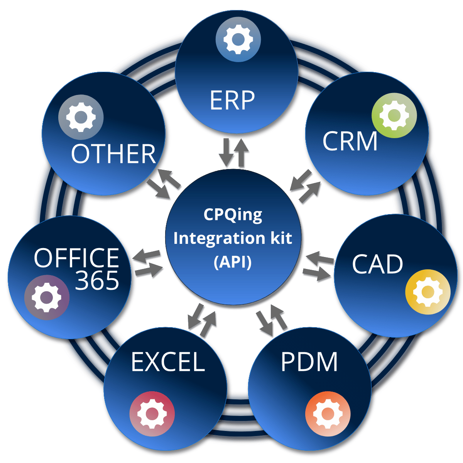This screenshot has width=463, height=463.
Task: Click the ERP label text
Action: (232, 100)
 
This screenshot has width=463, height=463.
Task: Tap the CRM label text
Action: (350, 141)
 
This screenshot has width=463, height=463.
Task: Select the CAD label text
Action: (377, 265)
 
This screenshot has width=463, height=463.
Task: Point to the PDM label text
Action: (309, 362)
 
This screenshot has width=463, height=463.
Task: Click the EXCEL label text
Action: (168, 362)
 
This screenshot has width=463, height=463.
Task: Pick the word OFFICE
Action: (76, 258)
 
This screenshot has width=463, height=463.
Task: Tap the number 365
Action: (97, 281)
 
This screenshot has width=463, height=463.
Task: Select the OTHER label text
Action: (113, 154)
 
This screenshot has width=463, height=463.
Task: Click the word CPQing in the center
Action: (233, 215)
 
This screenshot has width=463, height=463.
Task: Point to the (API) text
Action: (233, 262)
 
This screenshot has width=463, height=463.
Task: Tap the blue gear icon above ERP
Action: (238, 39)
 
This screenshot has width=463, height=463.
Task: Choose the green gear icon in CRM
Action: (394, 115)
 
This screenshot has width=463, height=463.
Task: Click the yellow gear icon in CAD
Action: (428, 292)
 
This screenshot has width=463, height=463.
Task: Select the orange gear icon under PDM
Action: (328, 414)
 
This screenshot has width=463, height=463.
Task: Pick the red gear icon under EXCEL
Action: (152, 414)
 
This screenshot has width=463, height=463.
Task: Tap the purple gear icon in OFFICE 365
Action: (47, 297)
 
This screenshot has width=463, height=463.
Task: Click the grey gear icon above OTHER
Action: (81, 117)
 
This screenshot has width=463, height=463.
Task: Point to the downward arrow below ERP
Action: (226, 154)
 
